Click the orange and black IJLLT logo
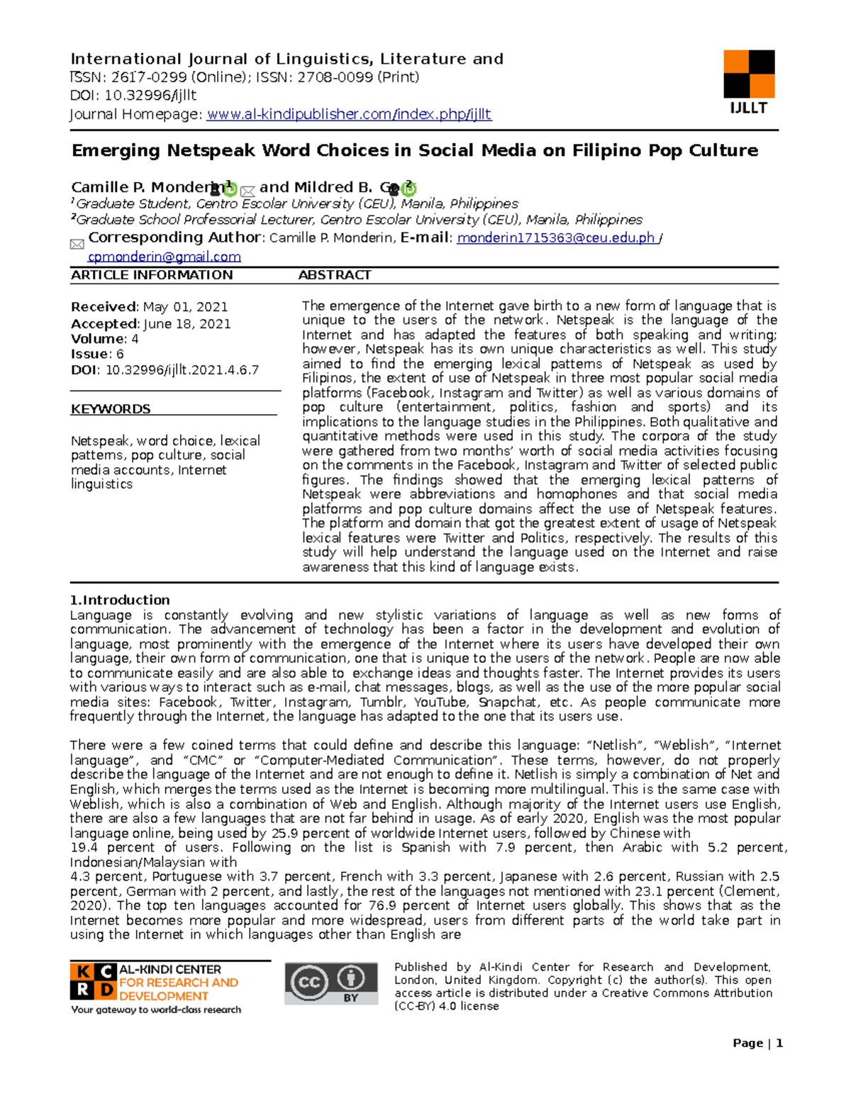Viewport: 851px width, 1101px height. [x=748, y=74]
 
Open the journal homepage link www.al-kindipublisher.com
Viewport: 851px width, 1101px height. [x=348, y=114]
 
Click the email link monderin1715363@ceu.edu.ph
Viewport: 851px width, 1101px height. [x=556, y=238]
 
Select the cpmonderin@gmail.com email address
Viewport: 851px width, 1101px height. [x=164, y=257]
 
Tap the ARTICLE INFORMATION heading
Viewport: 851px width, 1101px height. [x=151, y=275]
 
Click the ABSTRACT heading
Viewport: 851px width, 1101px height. [x=334, y=275]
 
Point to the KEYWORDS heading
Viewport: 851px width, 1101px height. [x=111, y=409]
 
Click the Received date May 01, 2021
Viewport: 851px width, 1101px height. [x=185, y=307]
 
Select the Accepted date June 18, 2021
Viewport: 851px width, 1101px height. [x=187, y=324]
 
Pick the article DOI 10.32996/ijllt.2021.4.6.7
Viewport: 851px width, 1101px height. [x=182, y=370]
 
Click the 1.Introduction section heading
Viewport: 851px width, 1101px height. [x=120, y=600]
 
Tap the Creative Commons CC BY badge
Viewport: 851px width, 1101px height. [x=331, y=983]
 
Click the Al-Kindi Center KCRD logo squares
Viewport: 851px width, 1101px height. [x=93, y=980]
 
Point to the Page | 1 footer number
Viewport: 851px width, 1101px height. [x=757, y=1043]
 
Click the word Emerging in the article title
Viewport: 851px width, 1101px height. [x=116, y=150]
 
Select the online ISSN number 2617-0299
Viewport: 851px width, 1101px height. [x=149, y=77]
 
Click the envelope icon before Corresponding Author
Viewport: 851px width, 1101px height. [x=77, y=245]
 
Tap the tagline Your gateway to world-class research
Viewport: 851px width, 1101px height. [x=155, y=1010]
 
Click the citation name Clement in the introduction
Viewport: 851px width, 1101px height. [x=751, y=891]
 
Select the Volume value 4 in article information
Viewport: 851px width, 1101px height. [x=135, y=339]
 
